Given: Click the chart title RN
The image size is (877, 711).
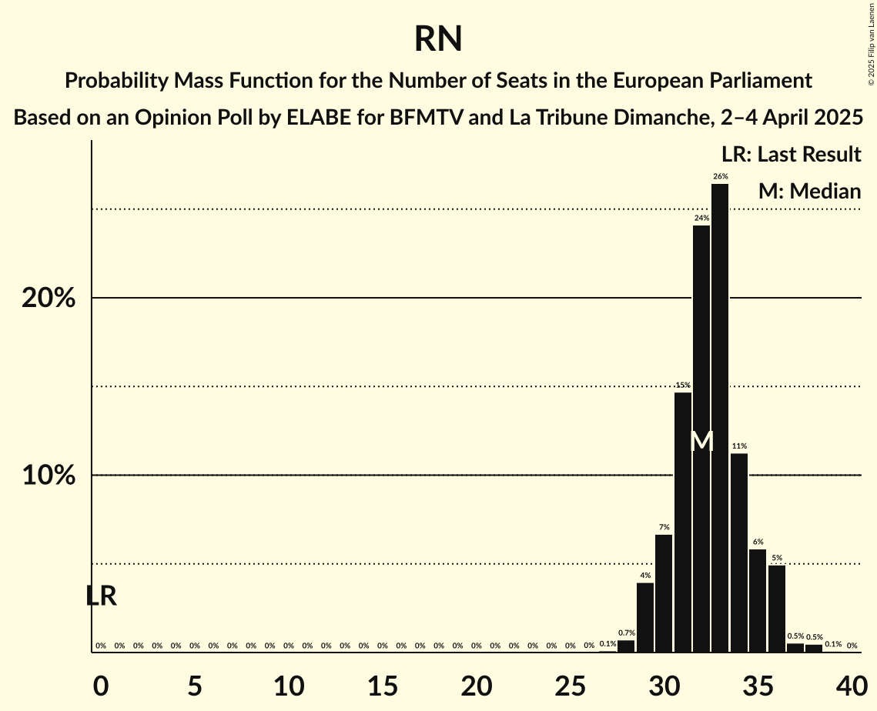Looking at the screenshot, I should [x=438, y=38].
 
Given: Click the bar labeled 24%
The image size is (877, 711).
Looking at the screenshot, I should [x=701, y=439].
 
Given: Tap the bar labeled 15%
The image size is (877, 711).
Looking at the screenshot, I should [x=683, y=522].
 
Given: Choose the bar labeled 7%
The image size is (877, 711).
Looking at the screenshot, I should [x=664, y=593].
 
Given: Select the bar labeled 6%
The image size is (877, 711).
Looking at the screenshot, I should [x=758, y=600].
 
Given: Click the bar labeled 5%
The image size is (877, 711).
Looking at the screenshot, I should [x=777, y=609].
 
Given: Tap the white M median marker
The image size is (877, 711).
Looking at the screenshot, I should [x=701, y=442].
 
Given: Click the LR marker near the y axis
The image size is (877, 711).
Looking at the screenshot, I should [x=101, y=596].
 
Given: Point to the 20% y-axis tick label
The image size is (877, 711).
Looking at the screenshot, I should [x=49, y=298].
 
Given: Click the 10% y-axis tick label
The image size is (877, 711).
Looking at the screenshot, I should [x=49, y=476].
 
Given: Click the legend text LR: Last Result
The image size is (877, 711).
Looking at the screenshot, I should [x=791, y=155].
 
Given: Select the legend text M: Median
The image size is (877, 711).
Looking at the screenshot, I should [x=809, y=191].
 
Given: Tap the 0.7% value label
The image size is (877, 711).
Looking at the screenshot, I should [x=626, y=633].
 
